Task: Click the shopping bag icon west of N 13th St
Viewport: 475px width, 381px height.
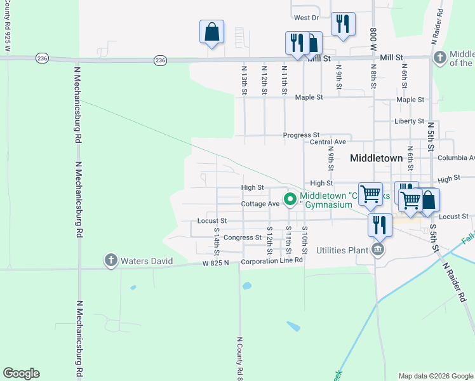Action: pyautogui.click(x=211, y=32)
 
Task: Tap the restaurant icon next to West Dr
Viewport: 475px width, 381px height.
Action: pyautogui.click(x=343, y=24)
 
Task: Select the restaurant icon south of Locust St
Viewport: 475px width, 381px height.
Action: pyautogui.click(x=379, y=224)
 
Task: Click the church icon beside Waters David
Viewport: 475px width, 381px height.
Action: pyautogui.click(x=110, y=260)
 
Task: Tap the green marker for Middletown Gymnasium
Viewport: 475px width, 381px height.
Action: pyautogui.click(x=290, y=199)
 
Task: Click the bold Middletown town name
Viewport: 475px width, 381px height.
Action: pyautogui.click(x=376, y=157)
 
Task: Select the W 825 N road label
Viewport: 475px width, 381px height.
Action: pyautogui.click(x=215, y=262)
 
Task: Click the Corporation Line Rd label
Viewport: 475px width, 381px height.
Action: pyautogui.click(x=271, y=261)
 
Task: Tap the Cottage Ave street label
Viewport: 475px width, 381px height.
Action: pyautogui.click(x=260, y=204)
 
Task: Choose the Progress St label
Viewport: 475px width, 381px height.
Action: pyautogui.click(x=301, y=135)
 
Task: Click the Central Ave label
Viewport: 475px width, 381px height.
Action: pyautogui.click(x=328, y=142)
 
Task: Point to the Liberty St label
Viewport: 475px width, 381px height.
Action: pyautogui.click(x=409, y=121)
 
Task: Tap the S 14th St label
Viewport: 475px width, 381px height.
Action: pyautogui.click(x=217, y=237)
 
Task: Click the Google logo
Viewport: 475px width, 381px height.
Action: pyautogui.click(x=21, y=373)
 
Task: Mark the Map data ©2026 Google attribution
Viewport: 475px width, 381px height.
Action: pyautogui.click(x=435, y=376)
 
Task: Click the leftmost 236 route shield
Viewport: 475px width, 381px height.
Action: pyautogui.click(x=43, y=58)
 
